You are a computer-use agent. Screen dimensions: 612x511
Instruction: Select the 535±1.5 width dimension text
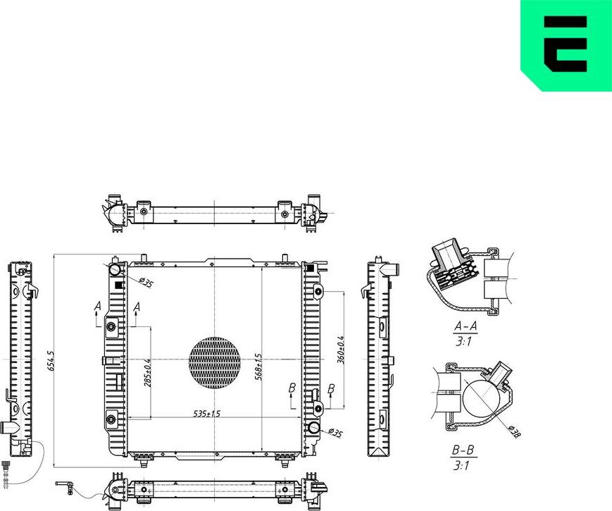207,413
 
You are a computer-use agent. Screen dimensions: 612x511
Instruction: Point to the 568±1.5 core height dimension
258,367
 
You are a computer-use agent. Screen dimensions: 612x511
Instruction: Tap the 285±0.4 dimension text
147,373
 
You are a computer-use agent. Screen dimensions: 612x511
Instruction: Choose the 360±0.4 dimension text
340,350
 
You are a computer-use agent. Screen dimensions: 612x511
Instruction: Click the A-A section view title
466,326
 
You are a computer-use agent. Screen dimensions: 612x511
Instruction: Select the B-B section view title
463,450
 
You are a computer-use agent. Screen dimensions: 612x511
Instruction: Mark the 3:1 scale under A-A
464,341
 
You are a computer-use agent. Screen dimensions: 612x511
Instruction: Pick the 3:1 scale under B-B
462,466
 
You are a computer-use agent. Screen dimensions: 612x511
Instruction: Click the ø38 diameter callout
514,431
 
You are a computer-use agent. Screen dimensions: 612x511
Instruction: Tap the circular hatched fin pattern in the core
215,363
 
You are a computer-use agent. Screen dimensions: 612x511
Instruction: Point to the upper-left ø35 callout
146,282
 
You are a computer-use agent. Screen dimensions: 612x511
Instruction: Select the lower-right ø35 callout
335,433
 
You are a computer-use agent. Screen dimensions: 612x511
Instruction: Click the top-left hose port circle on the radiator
115,269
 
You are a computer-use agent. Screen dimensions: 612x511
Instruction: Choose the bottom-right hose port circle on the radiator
314,428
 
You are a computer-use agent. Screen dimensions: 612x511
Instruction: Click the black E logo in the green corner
566,44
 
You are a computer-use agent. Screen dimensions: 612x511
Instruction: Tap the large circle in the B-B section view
481,398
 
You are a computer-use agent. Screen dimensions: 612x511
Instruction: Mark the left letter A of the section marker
98,307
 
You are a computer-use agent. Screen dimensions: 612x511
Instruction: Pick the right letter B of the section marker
331,389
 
